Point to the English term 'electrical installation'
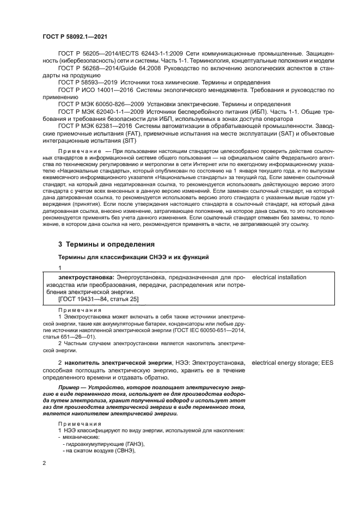click(x=279, y=277)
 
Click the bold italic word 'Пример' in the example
click(x=69, y=388)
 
